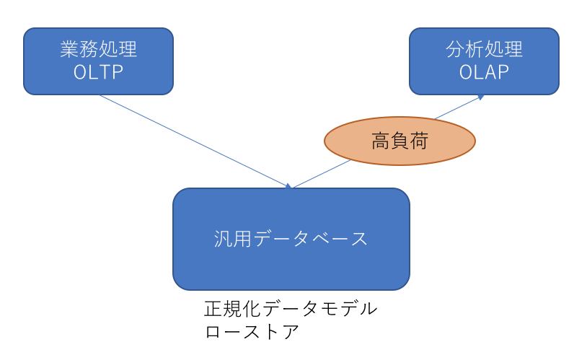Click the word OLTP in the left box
[x=99, y=72]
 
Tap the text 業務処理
[x=99, y=49]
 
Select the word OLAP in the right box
[x=484, y=72]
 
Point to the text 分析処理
[x=484, y=49]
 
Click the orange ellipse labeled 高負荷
[x=400, y=141]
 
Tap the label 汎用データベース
[x=291, y=239]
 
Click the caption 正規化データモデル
[x=291, y=309]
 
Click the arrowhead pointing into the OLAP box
[x=481, y=97]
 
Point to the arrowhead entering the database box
[x=288, y=186]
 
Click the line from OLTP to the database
[x=195, y=141]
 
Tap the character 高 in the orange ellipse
[x=381, y=141]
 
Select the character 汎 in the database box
[x=223, y=239]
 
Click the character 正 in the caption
[x=213, y=309]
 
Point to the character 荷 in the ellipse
[x=419, y=141]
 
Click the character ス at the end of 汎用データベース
[x=359, y=239]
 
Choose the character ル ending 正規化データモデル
[x=368, y=309]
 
